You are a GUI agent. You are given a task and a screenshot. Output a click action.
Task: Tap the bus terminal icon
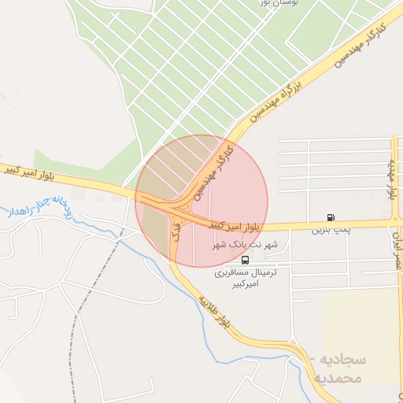(246, 260)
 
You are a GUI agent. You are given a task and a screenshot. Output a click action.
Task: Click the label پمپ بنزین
(329, 230)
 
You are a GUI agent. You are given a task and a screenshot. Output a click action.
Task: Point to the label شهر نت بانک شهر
(245, 246)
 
